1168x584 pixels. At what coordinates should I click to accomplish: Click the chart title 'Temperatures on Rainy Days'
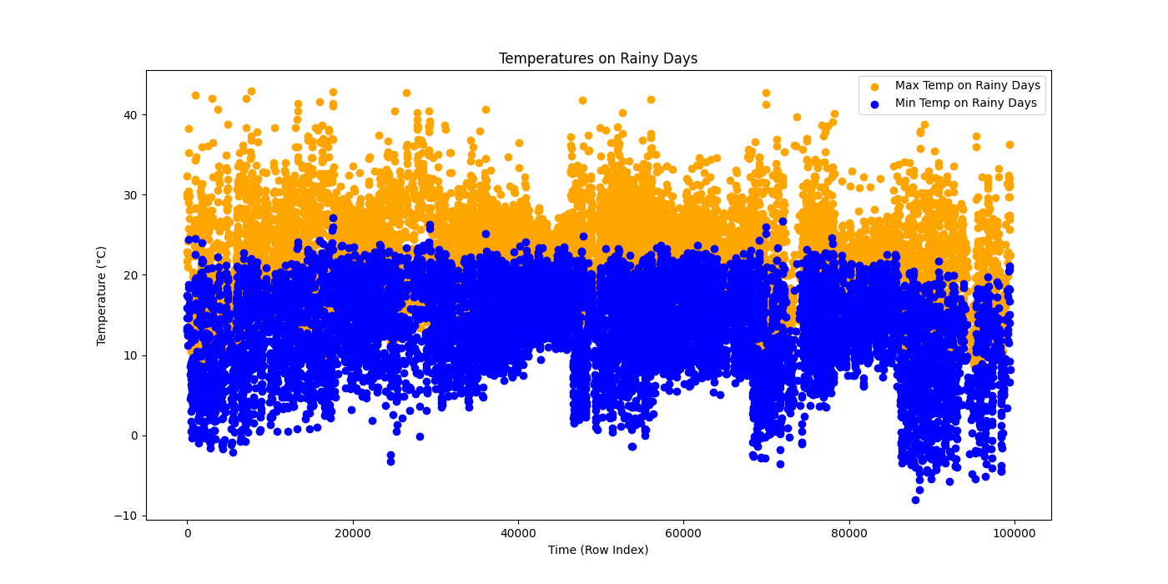coord(597,58)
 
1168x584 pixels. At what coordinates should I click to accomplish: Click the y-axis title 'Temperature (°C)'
coord(102,295)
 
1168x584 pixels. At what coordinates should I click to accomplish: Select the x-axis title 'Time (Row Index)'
coord(597,550)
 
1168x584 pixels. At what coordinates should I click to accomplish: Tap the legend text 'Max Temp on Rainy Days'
coord(967,85)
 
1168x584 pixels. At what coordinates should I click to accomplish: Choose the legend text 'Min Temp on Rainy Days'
coord(965,103)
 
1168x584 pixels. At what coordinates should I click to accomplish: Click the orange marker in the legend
coord(874,86)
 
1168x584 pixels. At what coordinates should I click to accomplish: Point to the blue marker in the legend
coord(874,104)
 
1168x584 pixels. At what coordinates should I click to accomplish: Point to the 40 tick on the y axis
coord(131,114)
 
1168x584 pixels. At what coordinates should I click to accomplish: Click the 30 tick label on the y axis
coord(131,194)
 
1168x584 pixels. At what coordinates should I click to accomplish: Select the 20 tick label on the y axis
coord(131,275)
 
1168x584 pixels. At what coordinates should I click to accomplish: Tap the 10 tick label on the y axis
coord(131,355)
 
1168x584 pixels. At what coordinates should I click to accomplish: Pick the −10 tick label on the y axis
coord(128,516)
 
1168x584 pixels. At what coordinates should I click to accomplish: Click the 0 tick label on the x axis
coord(187,532)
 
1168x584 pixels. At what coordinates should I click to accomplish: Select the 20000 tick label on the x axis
coord(352,532)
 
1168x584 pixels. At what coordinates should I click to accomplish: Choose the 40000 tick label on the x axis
coord(517,532)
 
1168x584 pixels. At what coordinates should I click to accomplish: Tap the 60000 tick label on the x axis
coord(683,532)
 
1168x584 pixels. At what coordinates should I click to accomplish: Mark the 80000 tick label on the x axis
coord(848,532)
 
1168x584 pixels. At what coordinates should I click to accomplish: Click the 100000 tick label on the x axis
coord(1014,532)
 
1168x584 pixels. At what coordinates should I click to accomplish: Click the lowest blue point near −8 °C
coord(915,500)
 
